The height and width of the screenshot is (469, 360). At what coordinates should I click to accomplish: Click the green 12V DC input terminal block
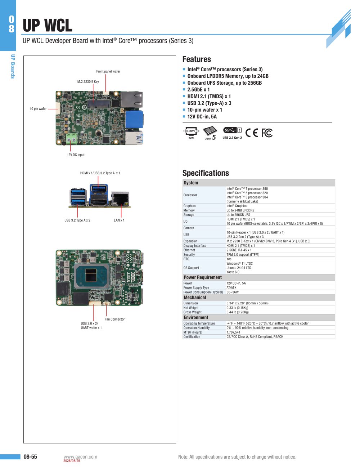click(72, 138)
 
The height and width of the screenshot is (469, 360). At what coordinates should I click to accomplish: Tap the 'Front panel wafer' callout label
click(108, 71)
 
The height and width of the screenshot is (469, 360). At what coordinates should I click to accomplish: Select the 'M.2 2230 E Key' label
click(88, 81)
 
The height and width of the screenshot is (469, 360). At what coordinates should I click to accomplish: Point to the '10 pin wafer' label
click(38, 109)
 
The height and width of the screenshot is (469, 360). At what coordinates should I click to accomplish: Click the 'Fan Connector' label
click(114, 319)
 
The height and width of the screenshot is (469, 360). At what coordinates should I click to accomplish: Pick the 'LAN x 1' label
click(119, 220)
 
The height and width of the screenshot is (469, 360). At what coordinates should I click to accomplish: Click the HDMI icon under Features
click(191, 133)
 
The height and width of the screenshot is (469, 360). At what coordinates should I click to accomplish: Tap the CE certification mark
click(252, 133)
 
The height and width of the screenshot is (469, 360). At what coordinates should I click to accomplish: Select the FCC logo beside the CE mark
click(267, 133)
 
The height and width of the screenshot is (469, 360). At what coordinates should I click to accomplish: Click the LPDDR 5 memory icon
click(210, 133)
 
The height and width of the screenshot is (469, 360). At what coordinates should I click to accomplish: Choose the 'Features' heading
click(197, 59)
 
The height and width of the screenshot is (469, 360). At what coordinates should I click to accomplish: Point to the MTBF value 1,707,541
click(233, 332)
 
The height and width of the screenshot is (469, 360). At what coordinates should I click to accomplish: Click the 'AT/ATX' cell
click(231, 288)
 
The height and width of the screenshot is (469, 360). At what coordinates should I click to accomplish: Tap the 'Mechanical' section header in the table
click(195, 298)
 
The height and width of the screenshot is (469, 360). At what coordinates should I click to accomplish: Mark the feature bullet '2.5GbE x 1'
click(198, 90)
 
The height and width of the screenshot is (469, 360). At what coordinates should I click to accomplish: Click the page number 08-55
click(30, 456)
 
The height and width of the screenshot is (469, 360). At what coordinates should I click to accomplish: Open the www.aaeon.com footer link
click(80, 457)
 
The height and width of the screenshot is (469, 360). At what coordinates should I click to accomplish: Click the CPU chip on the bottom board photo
click(92, 276)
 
